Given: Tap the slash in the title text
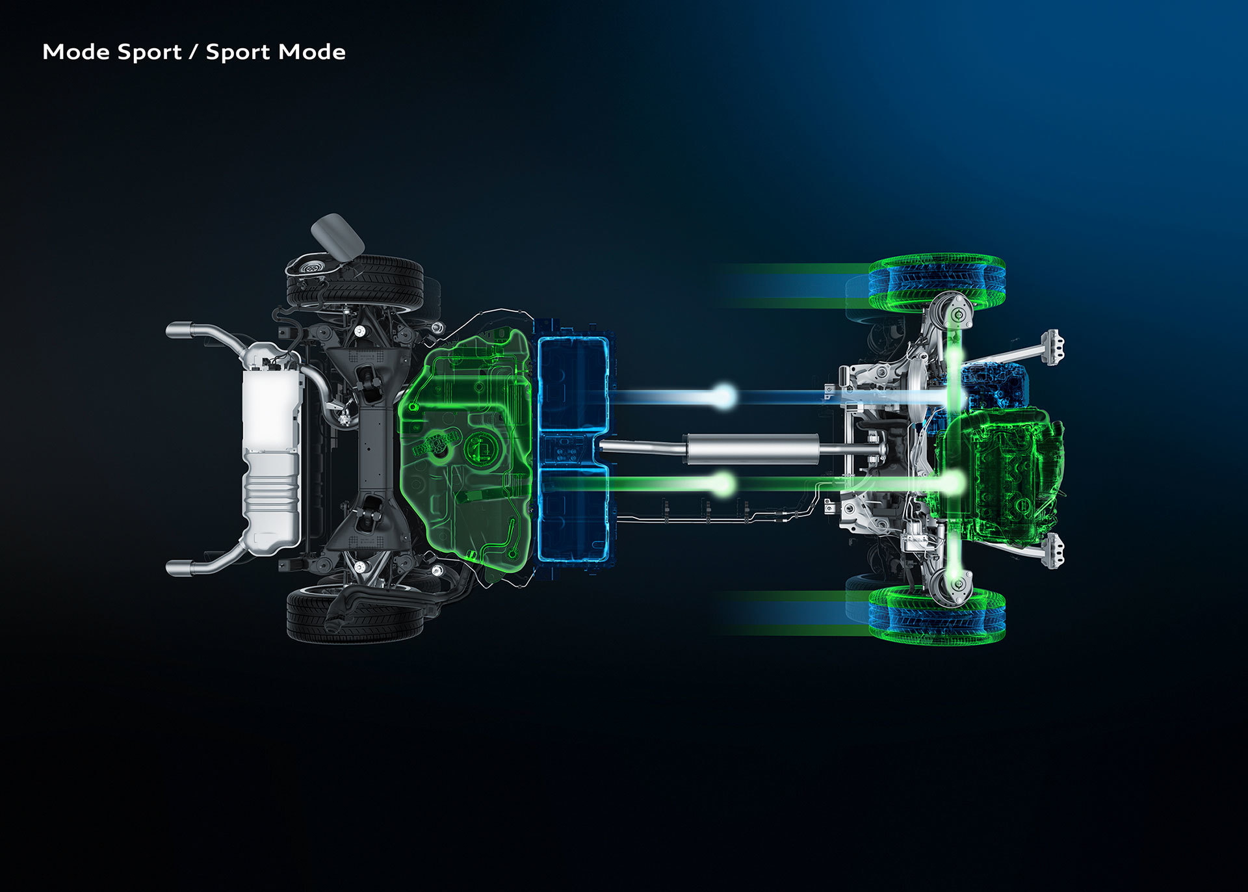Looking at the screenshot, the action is [x=194, y=52].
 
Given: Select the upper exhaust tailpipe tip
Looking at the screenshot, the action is [x=178, y=330].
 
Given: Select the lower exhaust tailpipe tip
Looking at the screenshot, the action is [x=178, y=568].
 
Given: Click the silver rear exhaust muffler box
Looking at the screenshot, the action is [x=271, y=449].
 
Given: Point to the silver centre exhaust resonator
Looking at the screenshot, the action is [x=751, y=449].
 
